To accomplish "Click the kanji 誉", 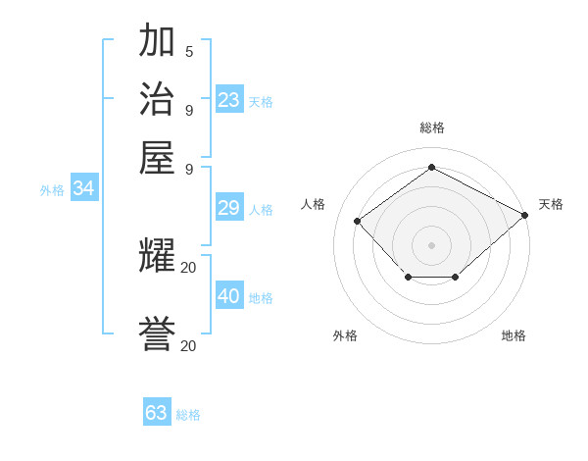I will coord(158,335).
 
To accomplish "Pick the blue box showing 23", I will coord(229,100).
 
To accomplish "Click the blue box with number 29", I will coord(229,208).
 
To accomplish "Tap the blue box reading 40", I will coord(229,296).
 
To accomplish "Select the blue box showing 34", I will coord(83,189).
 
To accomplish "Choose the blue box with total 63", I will coord(157,413).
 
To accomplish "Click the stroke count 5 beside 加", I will coord(188,51).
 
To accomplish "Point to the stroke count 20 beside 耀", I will coord(188,267).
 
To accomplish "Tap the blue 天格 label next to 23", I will coord(261,102).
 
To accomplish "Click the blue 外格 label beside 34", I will coord(52,191).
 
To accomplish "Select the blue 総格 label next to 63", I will coord(188,415).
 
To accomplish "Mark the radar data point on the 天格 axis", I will coord(525,215).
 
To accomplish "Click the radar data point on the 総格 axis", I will coord(431,167).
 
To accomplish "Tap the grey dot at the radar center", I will coord(431,244).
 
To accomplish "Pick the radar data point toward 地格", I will coord(456,279).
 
